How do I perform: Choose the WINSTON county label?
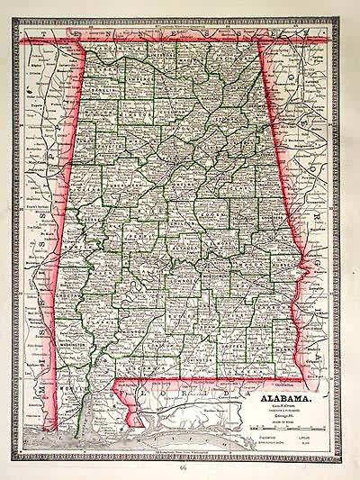[x=135, y=117]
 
